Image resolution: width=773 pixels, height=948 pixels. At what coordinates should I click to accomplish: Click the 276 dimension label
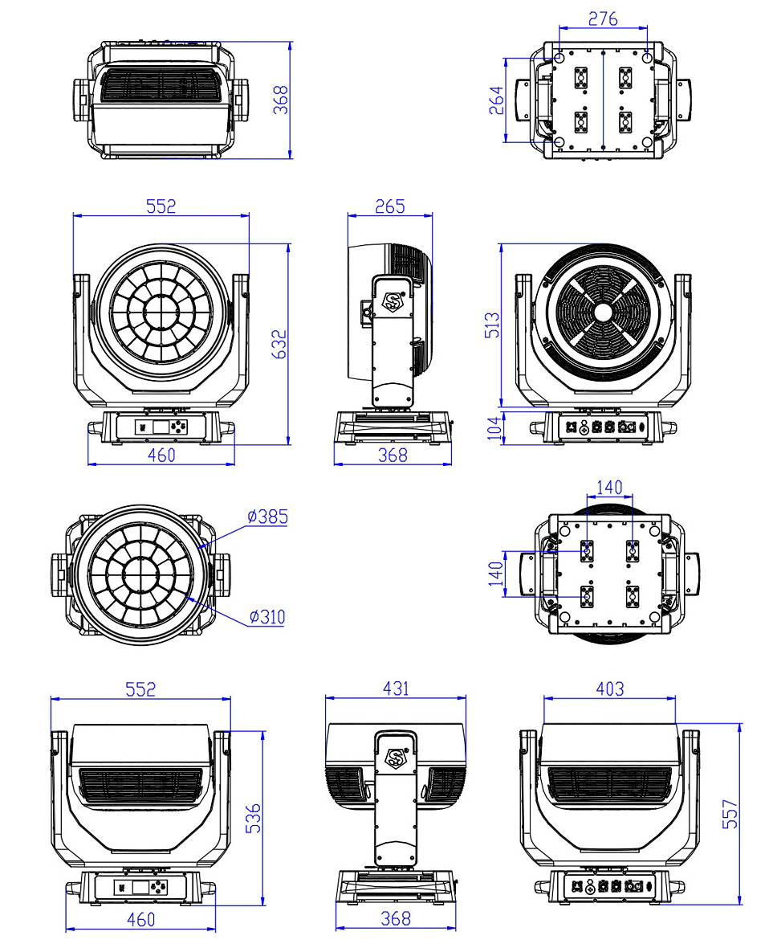point(603,18)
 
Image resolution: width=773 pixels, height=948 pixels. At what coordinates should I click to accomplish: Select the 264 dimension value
point(496,100)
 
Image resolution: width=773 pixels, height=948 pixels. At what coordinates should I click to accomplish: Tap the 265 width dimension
point(390,206)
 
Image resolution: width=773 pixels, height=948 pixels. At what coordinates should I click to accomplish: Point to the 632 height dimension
point(279,344)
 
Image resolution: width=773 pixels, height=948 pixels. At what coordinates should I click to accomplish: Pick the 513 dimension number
point(492,325)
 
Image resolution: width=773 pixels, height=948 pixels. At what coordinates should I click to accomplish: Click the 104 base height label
point(494,428)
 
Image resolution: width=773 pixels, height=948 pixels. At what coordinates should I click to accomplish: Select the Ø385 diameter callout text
point(267,517)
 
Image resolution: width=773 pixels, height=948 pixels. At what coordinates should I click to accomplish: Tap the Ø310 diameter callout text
point(267,617)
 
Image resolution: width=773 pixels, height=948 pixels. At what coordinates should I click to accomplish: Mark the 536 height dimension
point(253,818)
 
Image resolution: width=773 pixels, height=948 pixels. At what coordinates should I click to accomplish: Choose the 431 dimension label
point(397,688)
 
